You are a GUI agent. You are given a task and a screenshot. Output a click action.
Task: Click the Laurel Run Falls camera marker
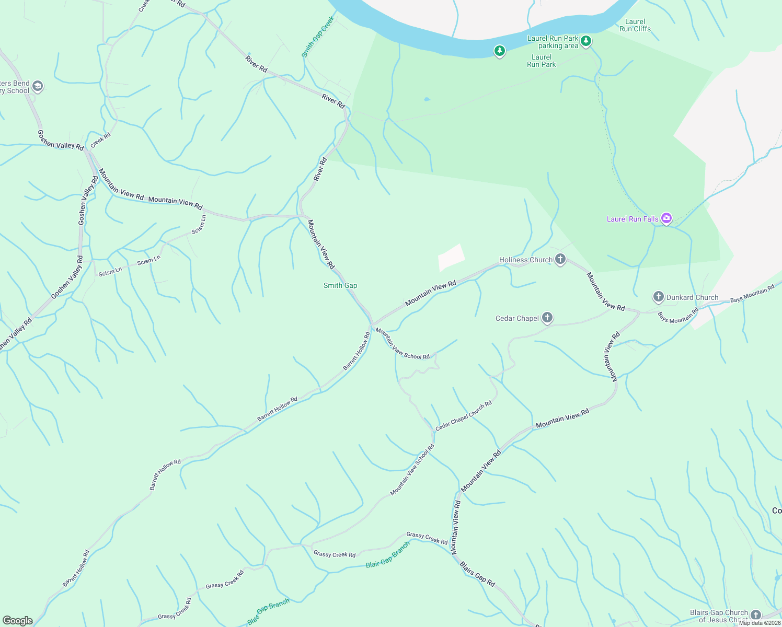666,218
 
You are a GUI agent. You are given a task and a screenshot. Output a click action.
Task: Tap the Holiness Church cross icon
560,259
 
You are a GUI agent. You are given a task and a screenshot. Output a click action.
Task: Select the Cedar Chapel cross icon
547,318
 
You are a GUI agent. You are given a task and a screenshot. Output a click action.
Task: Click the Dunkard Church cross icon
658,297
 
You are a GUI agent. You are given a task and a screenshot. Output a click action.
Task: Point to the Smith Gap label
340,285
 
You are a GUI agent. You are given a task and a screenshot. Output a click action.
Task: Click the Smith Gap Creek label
318,37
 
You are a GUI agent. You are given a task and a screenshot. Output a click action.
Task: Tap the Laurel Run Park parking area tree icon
586,41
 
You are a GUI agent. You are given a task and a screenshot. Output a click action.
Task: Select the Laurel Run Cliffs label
635,26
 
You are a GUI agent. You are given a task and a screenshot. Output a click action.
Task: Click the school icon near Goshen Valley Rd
37,86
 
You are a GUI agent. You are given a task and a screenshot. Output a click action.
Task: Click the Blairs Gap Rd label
477,574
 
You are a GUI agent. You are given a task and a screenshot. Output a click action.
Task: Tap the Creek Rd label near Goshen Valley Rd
100,140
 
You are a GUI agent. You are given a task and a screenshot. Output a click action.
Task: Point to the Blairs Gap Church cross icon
756,614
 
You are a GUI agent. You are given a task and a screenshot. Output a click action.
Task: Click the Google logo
17,621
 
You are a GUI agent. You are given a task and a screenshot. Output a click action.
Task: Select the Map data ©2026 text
759,623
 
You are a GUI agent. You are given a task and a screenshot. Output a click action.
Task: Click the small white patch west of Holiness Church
451,258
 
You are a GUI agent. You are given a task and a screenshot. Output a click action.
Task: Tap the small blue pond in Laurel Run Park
427,99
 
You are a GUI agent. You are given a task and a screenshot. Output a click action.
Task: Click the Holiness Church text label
525,260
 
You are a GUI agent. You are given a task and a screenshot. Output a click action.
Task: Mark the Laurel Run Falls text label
632,219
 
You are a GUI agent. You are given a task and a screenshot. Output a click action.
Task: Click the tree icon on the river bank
500,51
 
